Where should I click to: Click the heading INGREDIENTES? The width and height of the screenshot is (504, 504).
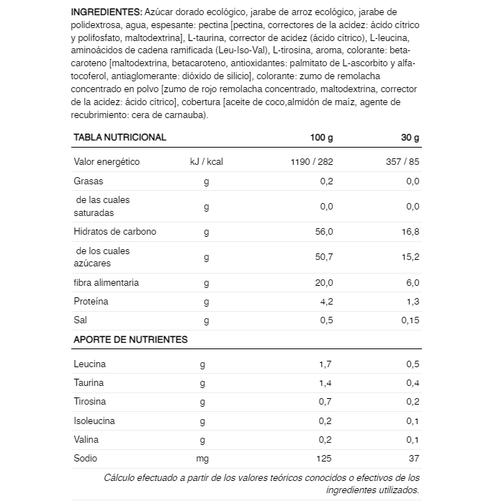(107, 13)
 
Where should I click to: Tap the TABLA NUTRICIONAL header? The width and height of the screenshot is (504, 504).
(120, 137)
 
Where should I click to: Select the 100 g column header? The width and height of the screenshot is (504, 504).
(321, 137)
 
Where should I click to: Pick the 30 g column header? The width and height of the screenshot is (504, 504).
(410, 137)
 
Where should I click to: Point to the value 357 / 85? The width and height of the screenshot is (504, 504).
(402, 162)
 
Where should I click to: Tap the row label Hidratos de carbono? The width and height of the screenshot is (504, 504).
(114, 232)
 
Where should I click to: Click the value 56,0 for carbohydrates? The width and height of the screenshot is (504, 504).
(325, 232)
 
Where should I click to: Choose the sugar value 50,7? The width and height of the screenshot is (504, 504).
(325, 257)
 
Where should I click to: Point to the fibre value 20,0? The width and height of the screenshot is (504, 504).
(325, 282)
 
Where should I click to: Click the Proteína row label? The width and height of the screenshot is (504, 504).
(91, 301)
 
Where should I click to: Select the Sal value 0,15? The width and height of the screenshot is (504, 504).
(410, 320)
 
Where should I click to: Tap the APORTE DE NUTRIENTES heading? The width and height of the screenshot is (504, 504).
(130, 339)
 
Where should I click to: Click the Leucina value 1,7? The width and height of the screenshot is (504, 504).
(325, 364)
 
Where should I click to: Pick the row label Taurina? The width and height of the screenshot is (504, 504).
(89, 382)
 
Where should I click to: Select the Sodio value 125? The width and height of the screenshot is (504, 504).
(325, 458)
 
